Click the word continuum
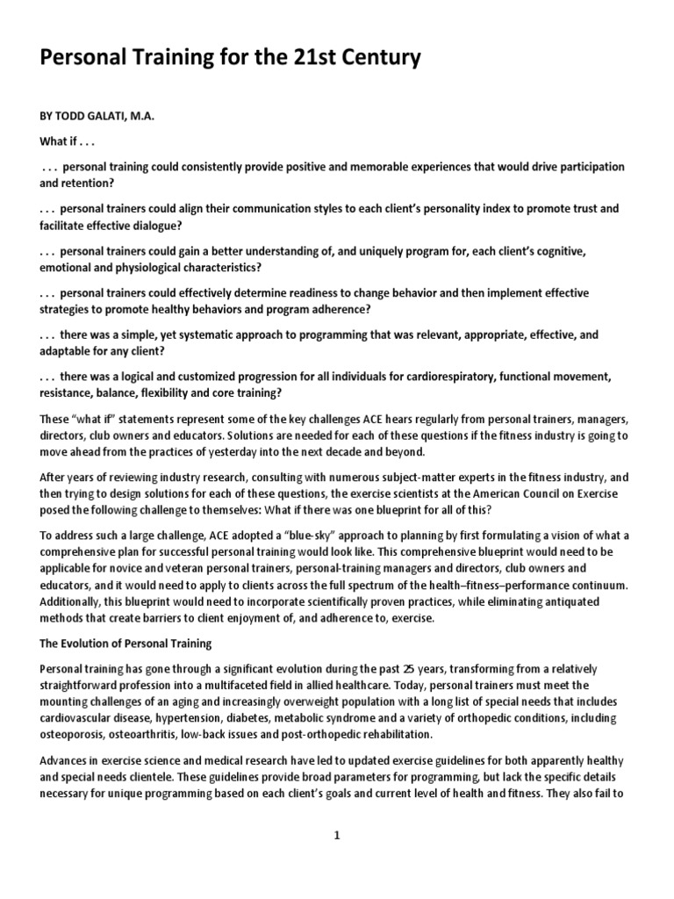click(x=595, y=585)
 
